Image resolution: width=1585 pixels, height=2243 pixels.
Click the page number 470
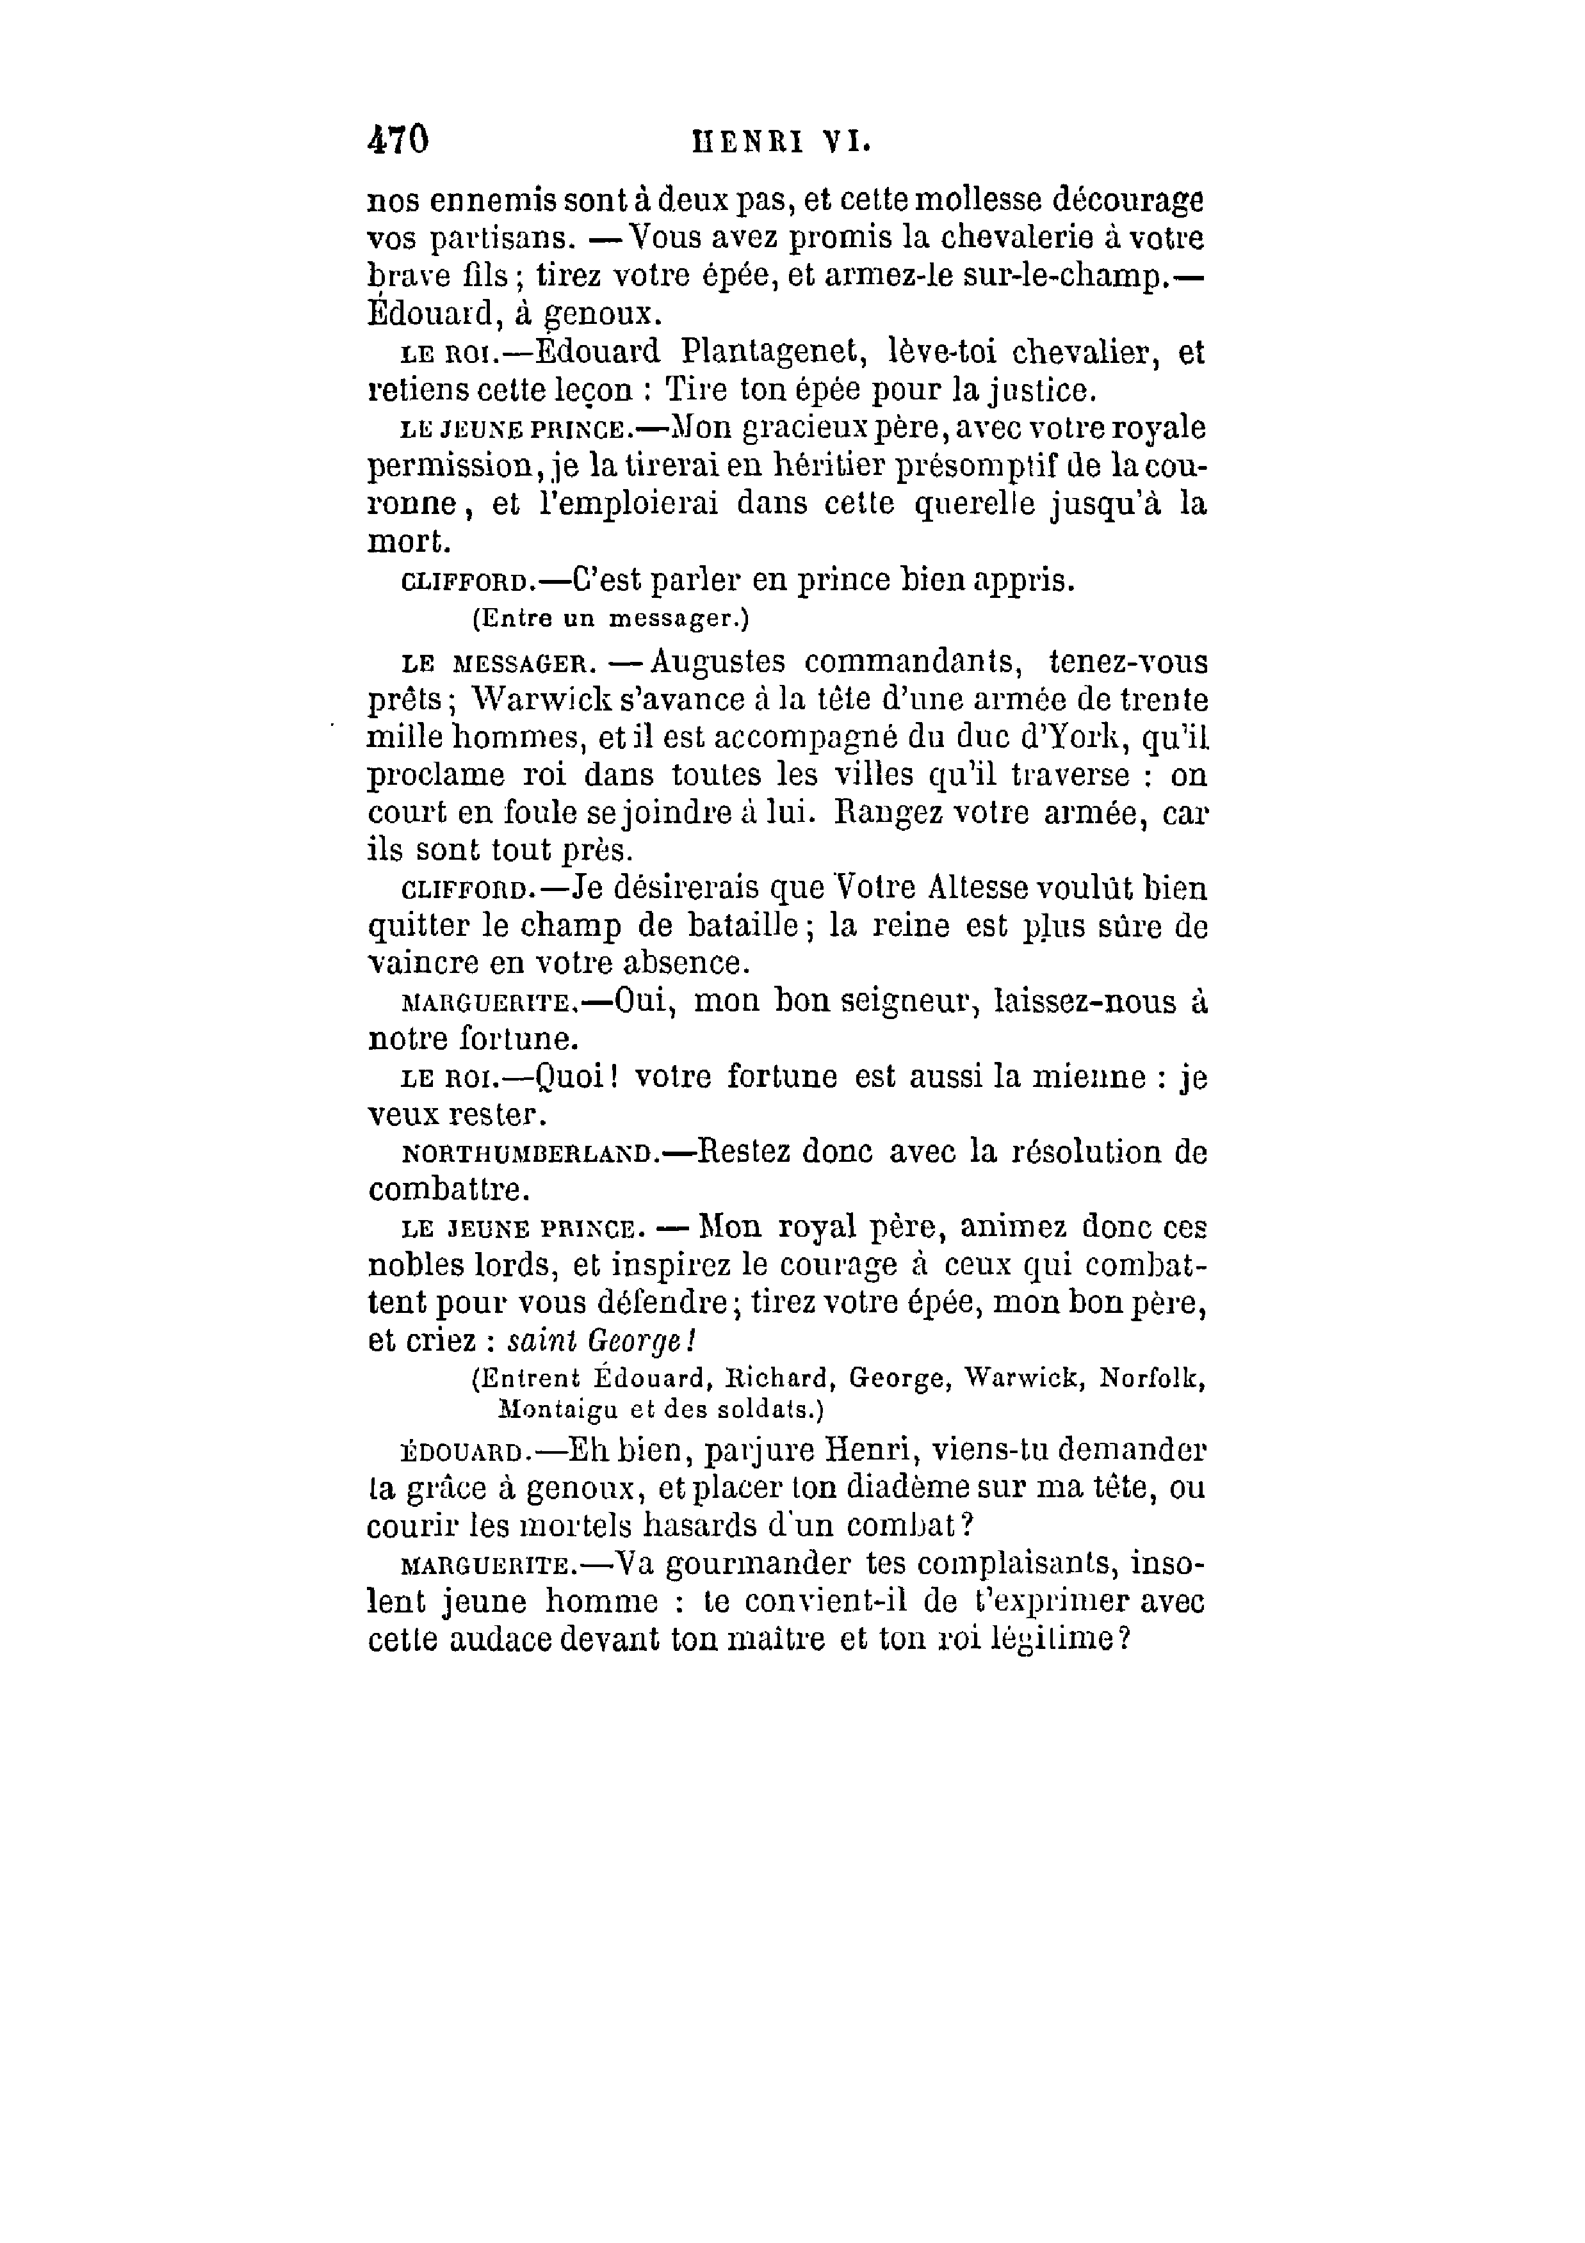(398, 140)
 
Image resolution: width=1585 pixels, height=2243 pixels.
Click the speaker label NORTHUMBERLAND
(526, 1155)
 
